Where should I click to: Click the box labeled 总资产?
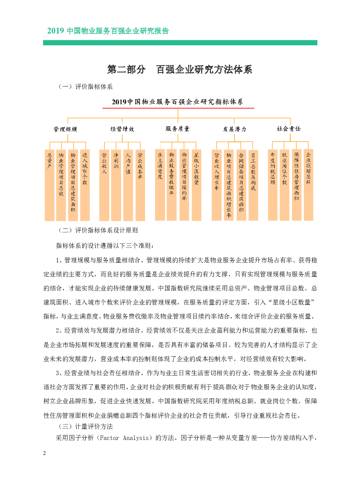[49, 185]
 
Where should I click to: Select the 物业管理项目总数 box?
[61, 185]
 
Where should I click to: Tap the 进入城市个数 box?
[85, 185]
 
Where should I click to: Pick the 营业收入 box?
[104, 185]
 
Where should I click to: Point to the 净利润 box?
[116, 185]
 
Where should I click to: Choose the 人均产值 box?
[128, 185]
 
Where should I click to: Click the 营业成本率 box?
[140, 185]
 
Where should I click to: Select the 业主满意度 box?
[160, 185]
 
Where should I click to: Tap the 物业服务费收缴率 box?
[171, 185]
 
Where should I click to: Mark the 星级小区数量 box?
[196, 185]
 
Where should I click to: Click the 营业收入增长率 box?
[217, 185]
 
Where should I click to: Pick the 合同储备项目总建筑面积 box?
[241, 185]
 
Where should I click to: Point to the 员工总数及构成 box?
[253, 185]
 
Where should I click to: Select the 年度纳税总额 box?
[272, 185]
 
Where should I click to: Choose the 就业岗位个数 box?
[284, 185]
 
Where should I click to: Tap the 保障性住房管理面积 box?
[297, 185]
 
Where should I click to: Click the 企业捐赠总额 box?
[308, 185]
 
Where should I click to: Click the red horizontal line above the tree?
[178, 108]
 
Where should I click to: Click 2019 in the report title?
[55, 31]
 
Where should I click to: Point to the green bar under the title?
[180, 43]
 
